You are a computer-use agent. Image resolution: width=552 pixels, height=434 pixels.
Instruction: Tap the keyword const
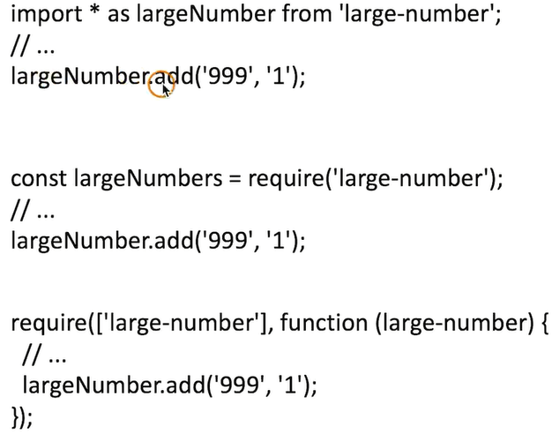(38, 179)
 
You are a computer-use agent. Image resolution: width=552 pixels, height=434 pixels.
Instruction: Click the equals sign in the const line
(235, 179)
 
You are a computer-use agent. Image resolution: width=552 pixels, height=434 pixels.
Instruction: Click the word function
(326, 324)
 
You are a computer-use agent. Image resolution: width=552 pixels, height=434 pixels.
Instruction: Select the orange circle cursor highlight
(161, 83)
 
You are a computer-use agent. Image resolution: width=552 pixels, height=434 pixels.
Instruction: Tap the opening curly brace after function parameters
(542, 324)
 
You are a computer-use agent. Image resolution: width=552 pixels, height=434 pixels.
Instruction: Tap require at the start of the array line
(44, 324)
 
